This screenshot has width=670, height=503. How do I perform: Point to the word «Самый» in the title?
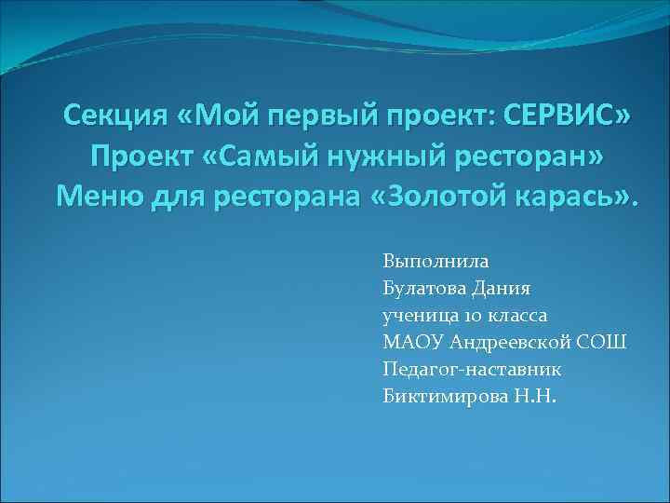pos(277,156)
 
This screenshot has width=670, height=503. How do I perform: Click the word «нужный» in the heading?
pos(388,156)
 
